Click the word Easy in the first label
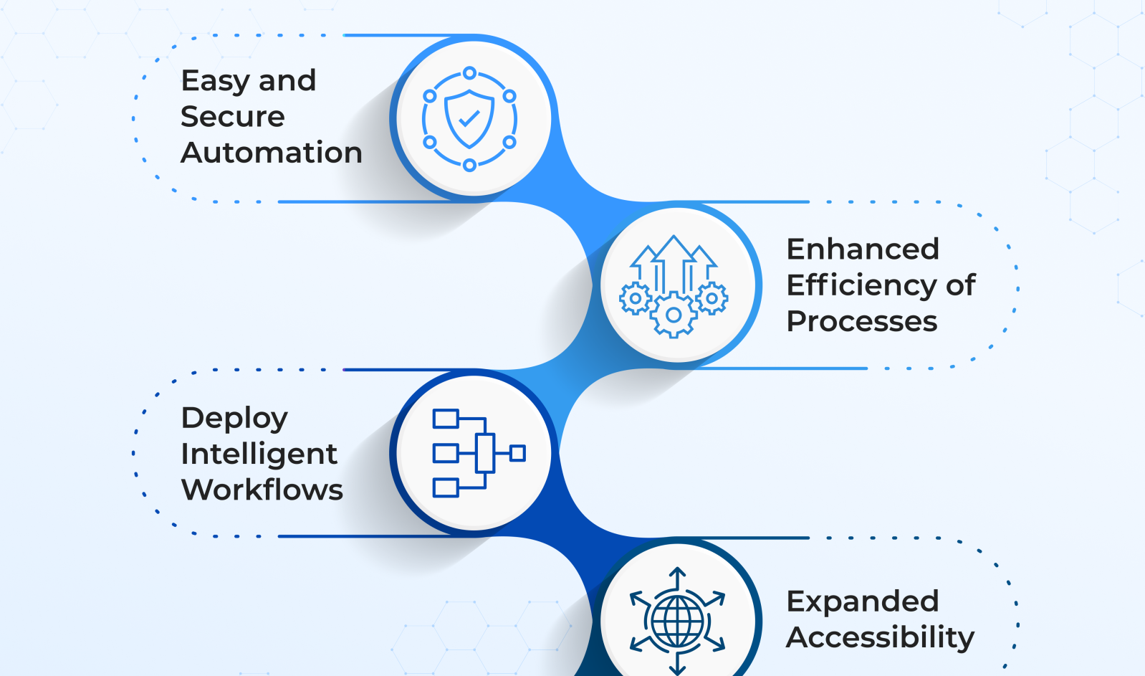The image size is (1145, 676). click(x=215, y=82)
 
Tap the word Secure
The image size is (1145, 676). click(x=233, y=117)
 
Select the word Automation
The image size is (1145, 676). click(x=272, y=153)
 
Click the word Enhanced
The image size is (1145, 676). click(x=863, y=249)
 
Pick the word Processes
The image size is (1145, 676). click(x=862, y=321)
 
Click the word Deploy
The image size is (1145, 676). click(x=234, y=419)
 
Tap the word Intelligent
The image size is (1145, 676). click(x=259, y=454)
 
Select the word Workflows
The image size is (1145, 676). click(x=262, y=490)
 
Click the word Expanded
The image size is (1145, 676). click(x=863, y=601)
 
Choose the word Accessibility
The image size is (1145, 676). click(x=881, y=637)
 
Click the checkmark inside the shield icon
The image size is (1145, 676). click(x=469, y=118)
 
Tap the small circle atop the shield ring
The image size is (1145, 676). click(x=469, y=73)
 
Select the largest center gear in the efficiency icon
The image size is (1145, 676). click(x=674, y=315)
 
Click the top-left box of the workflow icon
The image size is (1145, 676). click(x=446, y=419)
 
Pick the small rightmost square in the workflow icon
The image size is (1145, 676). click(x=517, y=453)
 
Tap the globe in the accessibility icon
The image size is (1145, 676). click(x=677, y=622)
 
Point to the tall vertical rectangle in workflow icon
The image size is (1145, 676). click(x=485, y=453)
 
